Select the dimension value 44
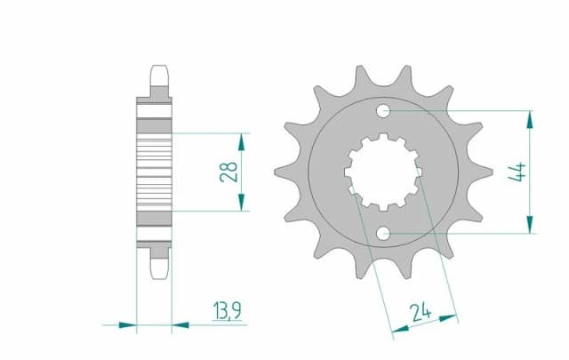[518, 172]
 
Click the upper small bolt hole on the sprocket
[383, 111]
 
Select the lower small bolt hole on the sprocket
[383, 233]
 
